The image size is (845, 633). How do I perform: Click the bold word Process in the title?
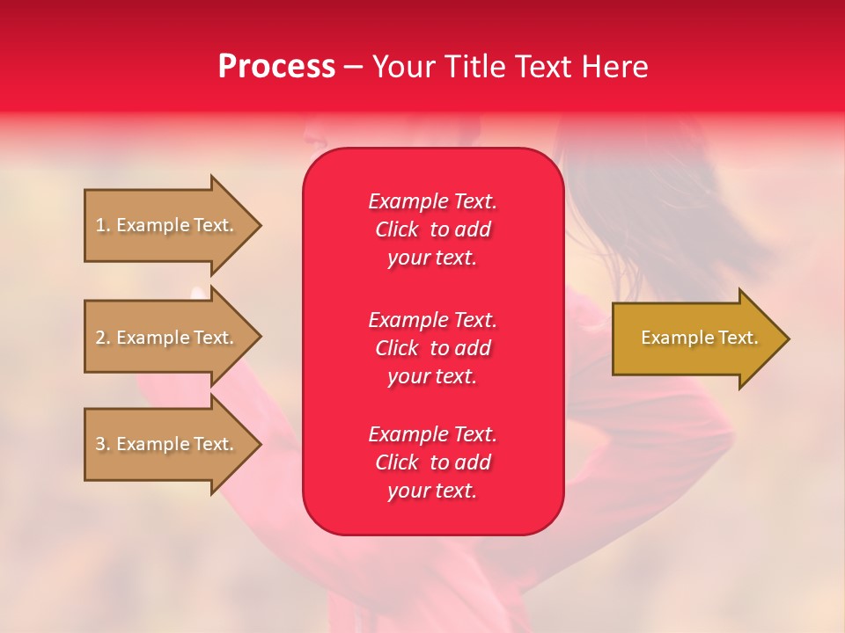(x=276, y=67)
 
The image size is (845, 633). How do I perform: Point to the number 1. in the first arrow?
(x=103, y=225)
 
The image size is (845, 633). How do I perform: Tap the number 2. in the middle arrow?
(x=103, y=338)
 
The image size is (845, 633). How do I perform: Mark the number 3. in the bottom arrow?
(x=103, y=444)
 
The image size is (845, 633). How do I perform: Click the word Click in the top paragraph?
(x=397, y=230)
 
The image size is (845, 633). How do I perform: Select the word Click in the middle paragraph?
(x=397, y=348)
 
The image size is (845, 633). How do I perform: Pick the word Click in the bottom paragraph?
(x=397, y=462)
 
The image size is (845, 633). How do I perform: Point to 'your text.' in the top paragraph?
(x=432, y=258)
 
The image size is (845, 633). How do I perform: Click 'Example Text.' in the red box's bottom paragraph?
(x=432, y=434)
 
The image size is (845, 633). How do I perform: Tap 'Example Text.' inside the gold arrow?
(x=700, y=338)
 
